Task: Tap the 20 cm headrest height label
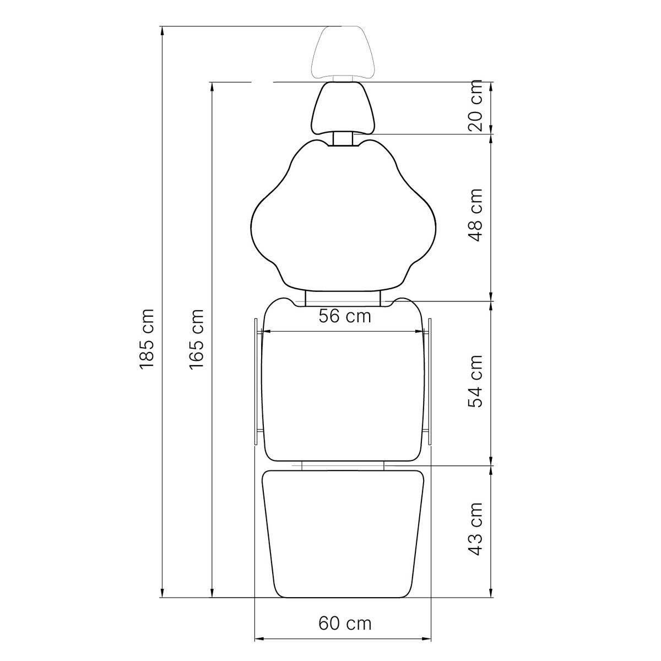[475, 105]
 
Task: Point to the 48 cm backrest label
[475, 215]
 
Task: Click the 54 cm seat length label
[475, 381]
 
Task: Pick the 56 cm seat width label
[345, 316]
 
